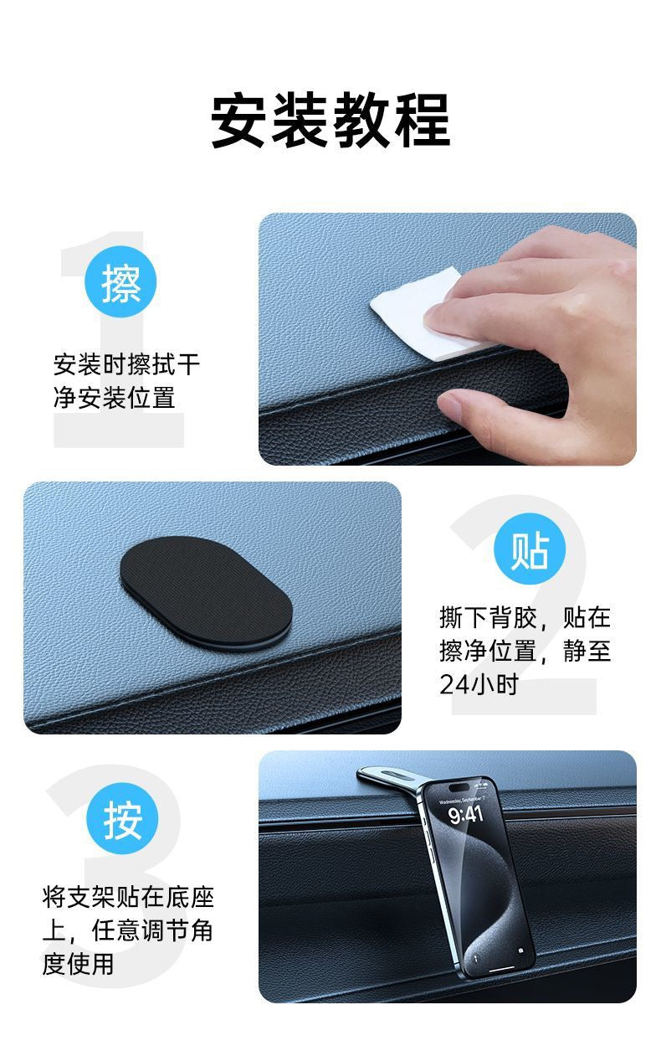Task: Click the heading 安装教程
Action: pos(330,121)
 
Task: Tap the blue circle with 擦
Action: pos(120,282)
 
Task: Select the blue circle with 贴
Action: pos(530,549)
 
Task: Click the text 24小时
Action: pos(479,684)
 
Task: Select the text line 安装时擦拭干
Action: pos(127,364)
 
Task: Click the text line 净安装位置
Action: pos(115,398)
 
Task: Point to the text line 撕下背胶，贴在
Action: pos(525,617)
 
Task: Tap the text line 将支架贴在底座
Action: pos(128,898)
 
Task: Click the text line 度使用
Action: pos(78,964)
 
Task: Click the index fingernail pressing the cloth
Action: pos(436,322)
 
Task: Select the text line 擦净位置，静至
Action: pos(525,651)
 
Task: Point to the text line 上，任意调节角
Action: pos(127,930)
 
